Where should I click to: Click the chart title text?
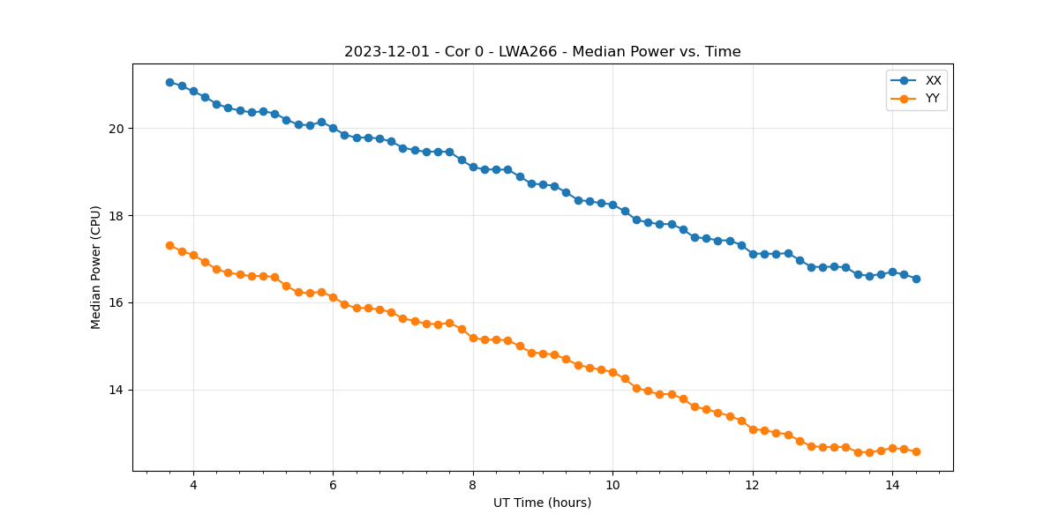[x=542, y=52]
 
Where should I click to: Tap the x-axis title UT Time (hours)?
[x=542, y=503]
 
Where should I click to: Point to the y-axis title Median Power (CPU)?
[x=96, y=267]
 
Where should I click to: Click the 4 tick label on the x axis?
[x=193, y=486]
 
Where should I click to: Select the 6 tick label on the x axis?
[x=333, y=486]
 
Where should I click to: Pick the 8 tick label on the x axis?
[x=473, y=486]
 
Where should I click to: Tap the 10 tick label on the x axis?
[x=612, y=486]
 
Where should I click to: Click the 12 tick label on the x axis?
[x=753, y=486]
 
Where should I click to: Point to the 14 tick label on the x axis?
[x=892, y=486]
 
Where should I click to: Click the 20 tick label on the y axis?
[x=116, y=129]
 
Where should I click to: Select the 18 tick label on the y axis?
[x=116, y=216]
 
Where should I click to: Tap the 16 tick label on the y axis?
[x=116, y=303]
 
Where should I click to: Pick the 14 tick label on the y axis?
[x=116, y=391]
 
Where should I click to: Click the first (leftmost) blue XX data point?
[x=169, y=82]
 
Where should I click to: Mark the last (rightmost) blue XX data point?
[x=916, y=279]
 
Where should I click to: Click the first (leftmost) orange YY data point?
[x=169, y=245]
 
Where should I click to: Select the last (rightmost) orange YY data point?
[x=916, y=451]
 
